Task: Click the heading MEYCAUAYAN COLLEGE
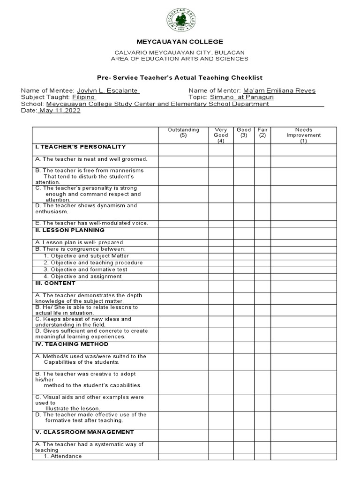coord(180,42)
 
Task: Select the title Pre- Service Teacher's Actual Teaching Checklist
coord(180,77)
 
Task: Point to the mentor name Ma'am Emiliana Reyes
coord(279,90)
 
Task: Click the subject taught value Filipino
coord(83,97)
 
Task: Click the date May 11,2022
coord(60,111)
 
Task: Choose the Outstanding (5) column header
coord(183,133)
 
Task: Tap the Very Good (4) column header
coord(221,135)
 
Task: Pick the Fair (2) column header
coord(262,133)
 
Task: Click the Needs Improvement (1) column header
coord(304,135)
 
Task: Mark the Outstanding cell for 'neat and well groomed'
coord(183,161)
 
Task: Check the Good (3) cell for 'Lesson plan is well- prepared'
coord(244,242)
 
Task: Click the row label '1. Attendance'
coord(63,456)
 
